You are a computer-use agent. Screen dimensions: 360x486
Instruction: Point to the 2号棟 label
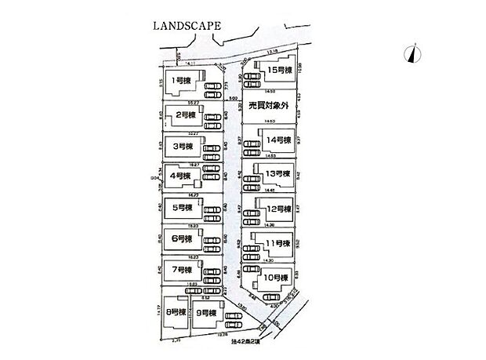(x=184, y=115)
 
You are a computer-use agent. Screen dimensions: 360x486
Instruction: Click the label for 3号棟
(x=184, y=147)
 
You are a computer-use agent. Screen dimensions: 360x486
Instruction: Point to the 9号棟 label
(x=208, y=312)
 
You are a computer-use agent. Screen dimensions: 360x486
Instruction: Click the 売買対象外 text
(x=268, y=104)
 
